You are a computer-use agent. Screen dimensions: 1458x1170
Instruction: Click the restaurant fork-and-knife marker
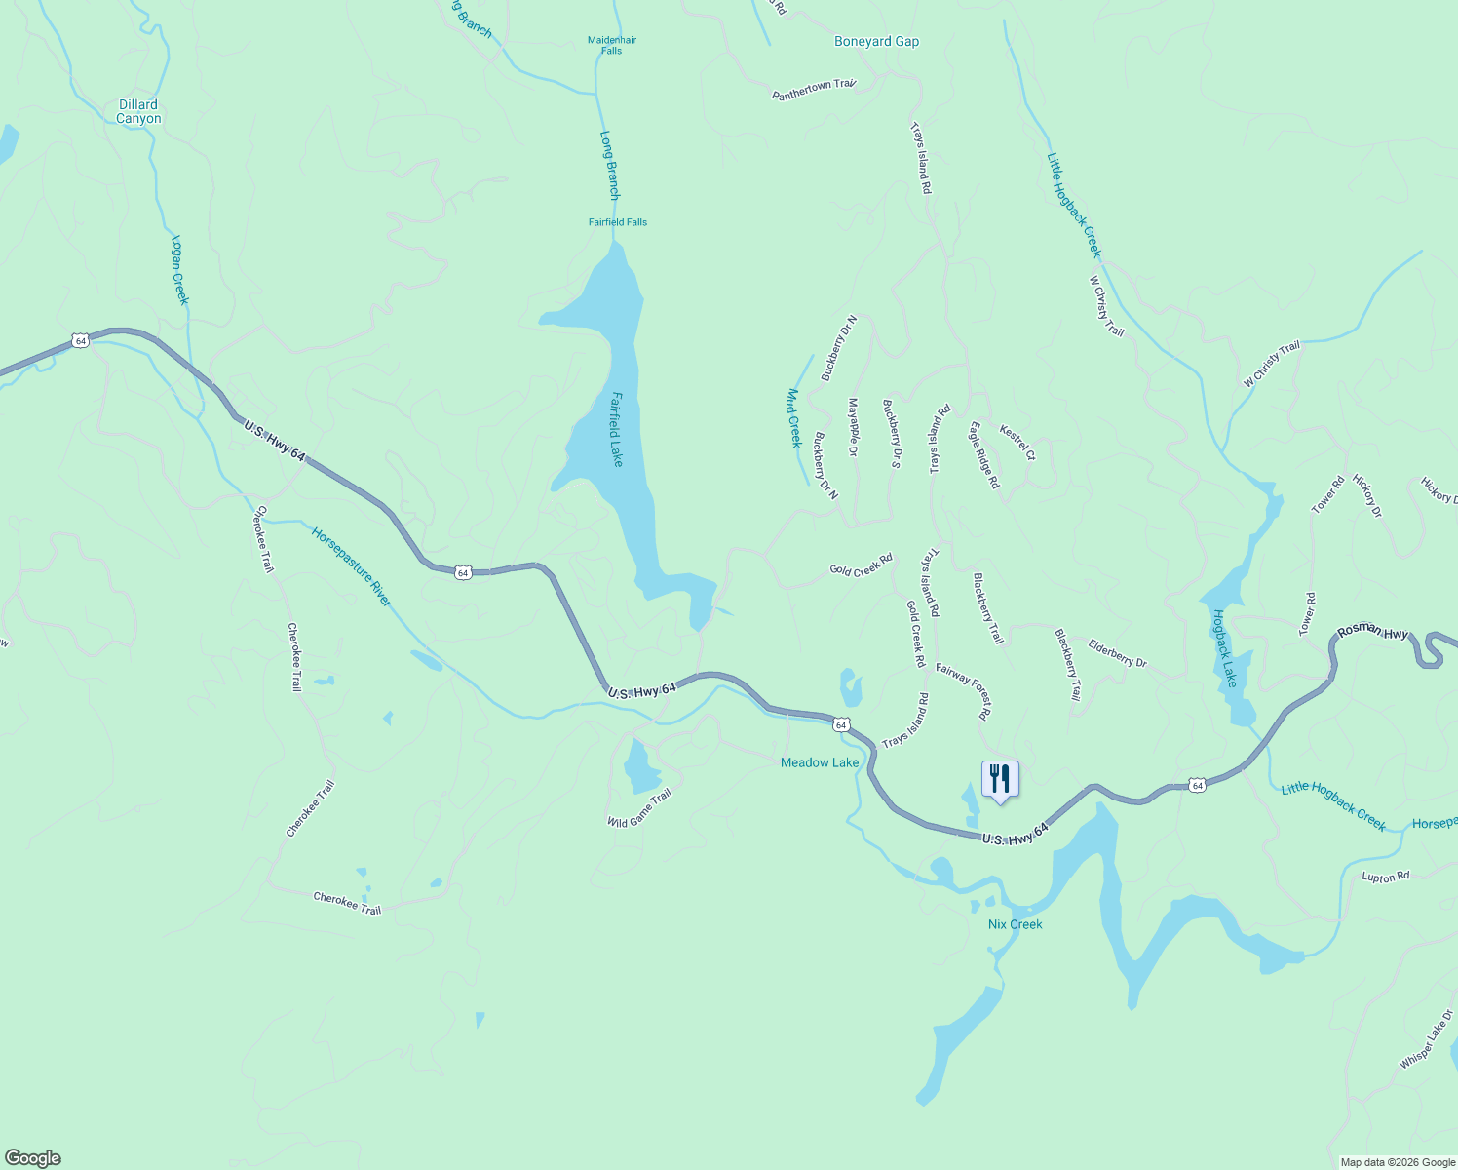999,780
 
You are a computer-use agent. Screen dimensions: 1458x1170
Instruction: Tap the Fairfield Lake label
617,429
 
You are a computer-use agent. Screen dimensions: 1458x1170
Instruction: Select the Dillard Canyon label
138,111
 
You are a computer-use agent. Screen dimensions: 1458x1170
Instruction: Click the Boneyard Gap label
876,41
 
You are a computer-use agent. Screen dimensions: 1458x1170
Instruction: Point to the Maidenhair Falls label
612,45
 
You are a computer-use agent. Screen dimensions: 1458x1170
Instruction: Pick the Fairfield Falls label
617,222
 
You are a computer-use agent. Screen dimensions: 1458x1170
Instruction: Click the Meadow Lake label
820,762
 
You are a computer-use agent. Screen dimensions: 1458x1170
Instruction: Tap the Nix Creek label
1015,924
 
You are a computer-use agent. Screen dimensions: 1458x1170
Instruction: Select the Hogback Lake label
1224,648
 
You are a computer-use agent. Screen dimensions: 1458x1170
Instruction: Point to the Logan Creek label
178,270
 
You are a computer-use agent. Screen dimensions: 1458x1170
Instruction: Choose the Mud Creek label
794,418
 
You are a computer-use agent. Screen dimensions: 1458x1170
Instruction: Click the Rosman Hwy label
1372,632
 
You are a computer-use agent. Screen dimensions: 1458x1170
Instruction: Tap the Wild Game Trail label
639,808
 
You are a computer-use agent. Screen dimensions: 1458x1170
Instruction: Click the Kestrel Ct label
1017,442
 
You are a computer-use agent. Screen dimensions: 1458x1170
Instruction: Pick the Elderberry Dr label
1117,653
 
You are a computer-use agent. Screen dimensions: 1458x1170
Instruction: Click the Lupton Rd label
1385,877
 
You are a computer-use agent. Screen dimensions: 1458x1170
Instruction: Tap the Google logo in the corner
33,1158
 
